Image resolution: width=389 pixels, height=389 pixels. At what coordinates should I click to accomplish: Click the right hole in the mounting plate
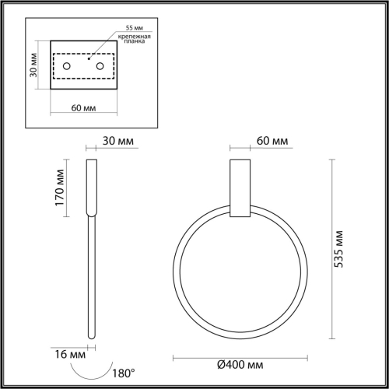(100, 66)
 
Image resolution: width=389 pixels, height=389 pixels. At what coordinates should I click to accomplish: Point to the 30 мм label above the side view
(118, 141)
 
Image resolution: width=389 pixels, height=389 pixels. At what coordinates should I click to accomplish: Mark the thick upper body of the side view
(90, 187)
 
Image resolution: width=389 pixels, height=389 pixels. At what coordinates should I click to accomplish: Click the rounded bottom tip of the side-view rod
(90, 336)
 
